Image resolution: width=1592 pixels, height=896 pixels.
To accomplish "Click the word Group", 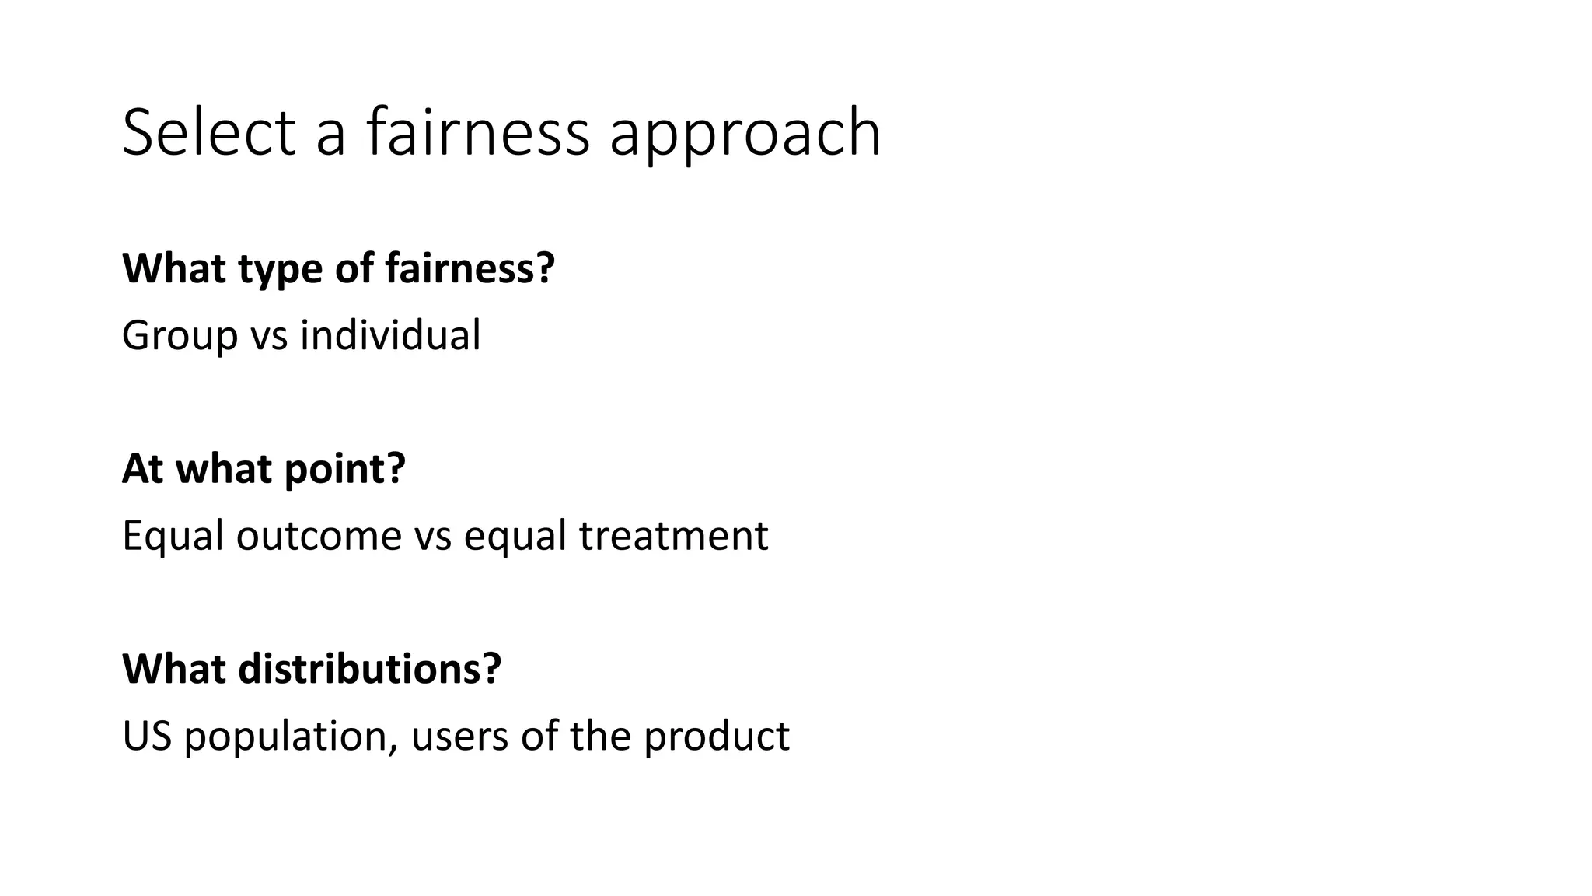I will tap(180, 337).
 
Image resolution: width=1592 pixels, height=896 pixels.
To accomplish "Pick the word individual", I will tap(390, 335).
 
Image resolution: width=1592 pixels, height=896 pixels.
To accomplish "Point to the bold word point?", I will tap(344, 470).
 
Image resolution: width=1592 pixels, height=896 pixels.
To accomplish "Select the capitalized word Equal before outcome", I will tap(173, 537).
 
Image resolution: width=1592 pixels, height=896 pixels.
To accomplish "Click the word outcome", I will tap(318, 537).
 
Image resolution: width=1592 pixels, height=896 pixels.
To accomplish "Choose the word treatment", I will tap(673, 537).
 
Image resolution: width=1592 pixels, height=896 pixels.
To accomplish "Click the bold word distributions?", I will tap(369, 668).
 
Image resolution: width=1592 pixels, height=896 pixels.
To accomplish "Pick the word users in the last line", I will tap(459, 736).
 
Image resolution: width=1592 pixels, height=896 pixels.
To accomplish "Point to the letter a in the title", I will tap(330, 134).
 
